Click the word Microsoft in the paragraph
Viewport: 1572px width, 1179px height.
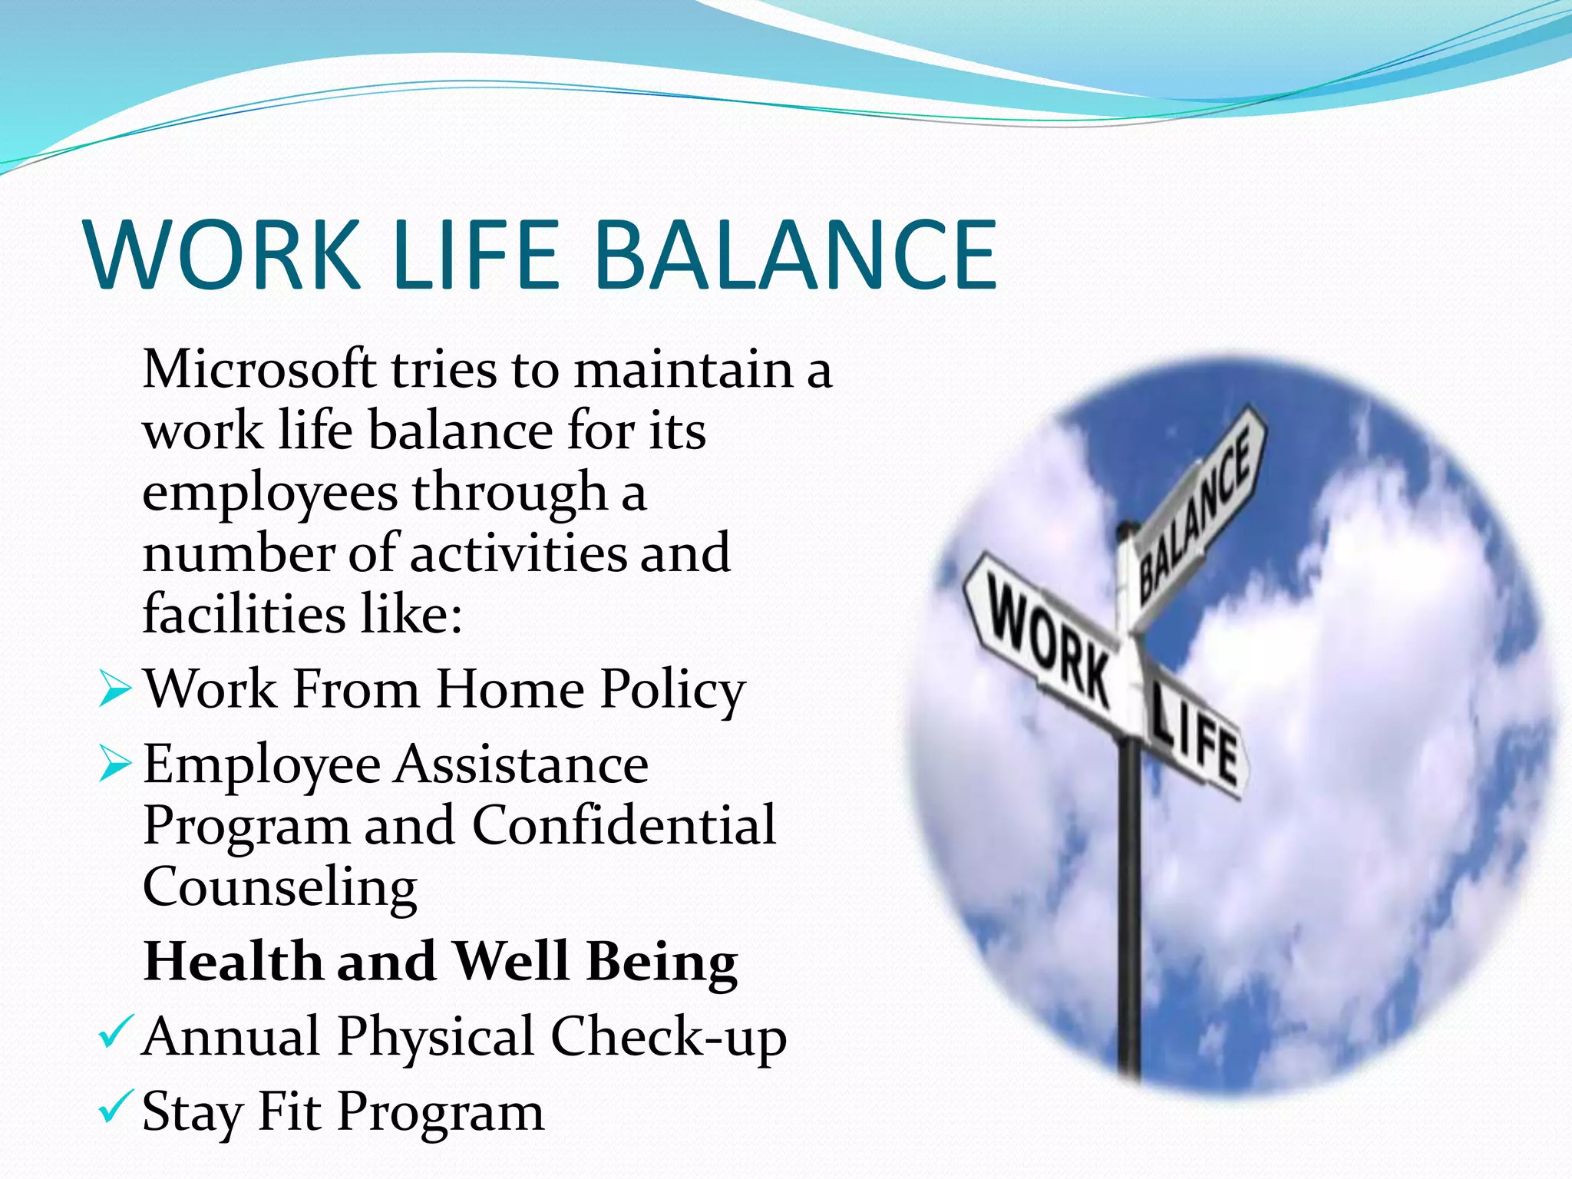click(x=259, y=369)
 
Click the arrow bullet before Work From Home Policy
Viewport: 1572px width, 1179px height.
click(x=116, y=688)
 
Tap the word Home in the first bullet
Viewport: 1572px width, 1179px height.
click(x=510, y=689)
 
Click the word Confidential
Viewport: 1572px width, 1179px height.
click(x=623, y=825)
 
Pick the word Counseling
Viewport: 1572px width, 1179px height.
click(x=280, y=887)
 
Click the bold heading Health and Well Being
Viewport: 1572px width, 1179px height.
click(x=441, y=961)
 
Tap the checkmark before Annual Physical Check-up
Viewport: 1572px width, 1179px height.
click(x=117, y=1033)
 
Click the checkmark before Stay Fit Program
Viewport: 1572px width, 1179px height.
click(x=117, y=1108)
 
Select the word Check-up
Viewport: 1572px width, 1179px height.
click(x=668, y=1037)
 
